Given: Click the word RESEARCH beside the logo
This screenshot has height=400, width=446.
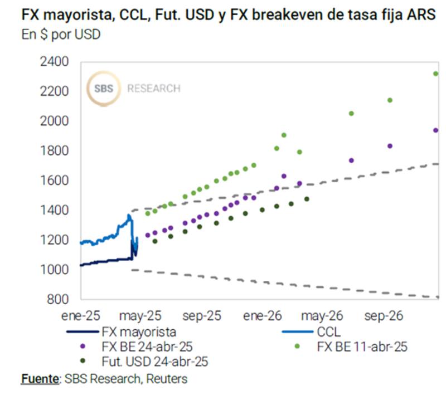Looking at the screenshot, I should tap(154, 89).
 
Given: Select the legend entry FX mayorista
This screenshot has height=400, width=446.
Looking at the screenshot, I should tap(139, 333).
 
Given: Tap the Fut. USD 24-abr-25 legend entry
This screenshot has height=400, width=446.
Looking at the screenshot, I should tap(155, 361).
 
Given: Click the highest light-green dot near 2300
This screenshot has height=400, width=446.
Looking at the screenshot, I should tap(436, 74).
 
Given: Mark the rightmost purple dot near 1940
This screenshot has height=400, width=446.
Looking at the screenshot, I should tap(436, 130).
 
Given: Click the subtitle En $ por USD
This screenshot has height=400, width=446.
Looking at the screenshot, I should tap(61, 35).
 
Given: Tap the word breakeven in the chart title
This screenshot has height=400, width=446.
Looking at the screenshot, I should tap(290, 15).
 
